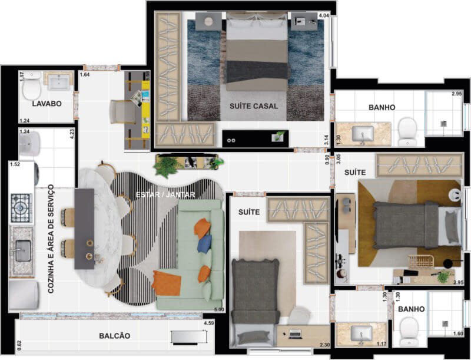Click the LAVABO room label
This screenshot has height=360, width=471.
pos(47,104)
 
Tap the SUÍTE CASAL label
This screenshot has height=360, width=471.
pos(254,106)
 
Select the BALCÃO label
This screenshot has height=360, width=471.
pos(115,336)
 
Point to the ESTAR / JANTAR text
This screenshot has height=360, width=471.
pos(165,194)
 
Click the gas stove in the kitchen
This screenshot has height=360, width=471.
pos(21,208)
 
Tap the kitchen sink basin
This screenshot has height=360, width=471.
pos(23,250)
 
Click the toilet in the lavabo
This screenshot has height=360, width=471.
pos(32,86)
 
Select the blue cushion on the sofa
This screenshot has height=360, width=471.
pos(204,243)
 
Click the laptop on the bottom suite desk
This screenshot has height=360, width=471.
pos(295,333)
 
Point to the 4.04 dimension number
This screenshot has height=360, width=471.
pos(324,16)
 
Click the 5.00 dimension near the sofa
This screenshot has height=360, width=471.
pos(219,309)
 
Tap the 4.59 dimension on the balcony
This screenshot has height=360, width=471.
pos(209,323)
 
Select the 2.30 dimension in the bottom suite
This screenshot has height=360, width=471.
pos(325,345)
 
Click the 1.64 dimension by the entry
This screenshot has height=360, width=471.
pos(85,74)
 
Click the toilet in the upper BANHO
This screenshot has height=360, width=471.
pos(407,131)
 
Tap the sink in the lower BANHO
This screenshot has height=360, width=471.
pos(361,333)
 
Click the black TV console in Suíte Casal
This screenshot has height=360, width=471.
pos(256,138)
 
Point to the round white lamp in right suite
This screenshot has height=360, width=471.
pos(455,194)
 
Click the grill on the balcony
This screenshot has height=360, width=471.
pos(188,336)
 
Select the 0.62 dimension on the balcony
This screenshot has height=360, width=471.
pos(19,345)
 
